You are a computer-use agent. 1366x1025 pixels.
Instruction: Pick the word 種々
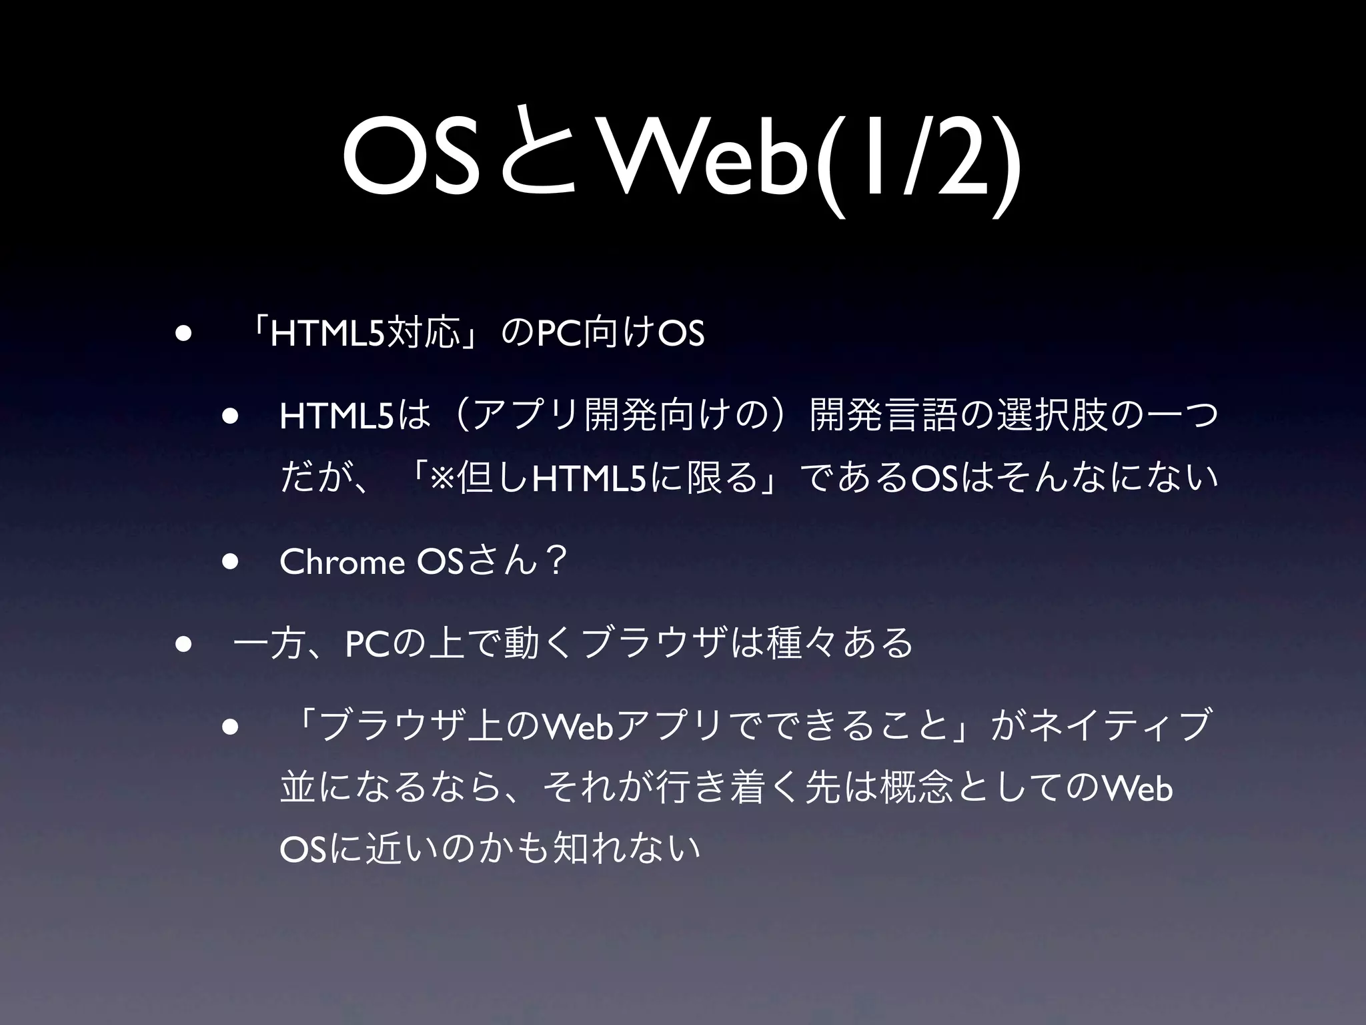803,644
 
